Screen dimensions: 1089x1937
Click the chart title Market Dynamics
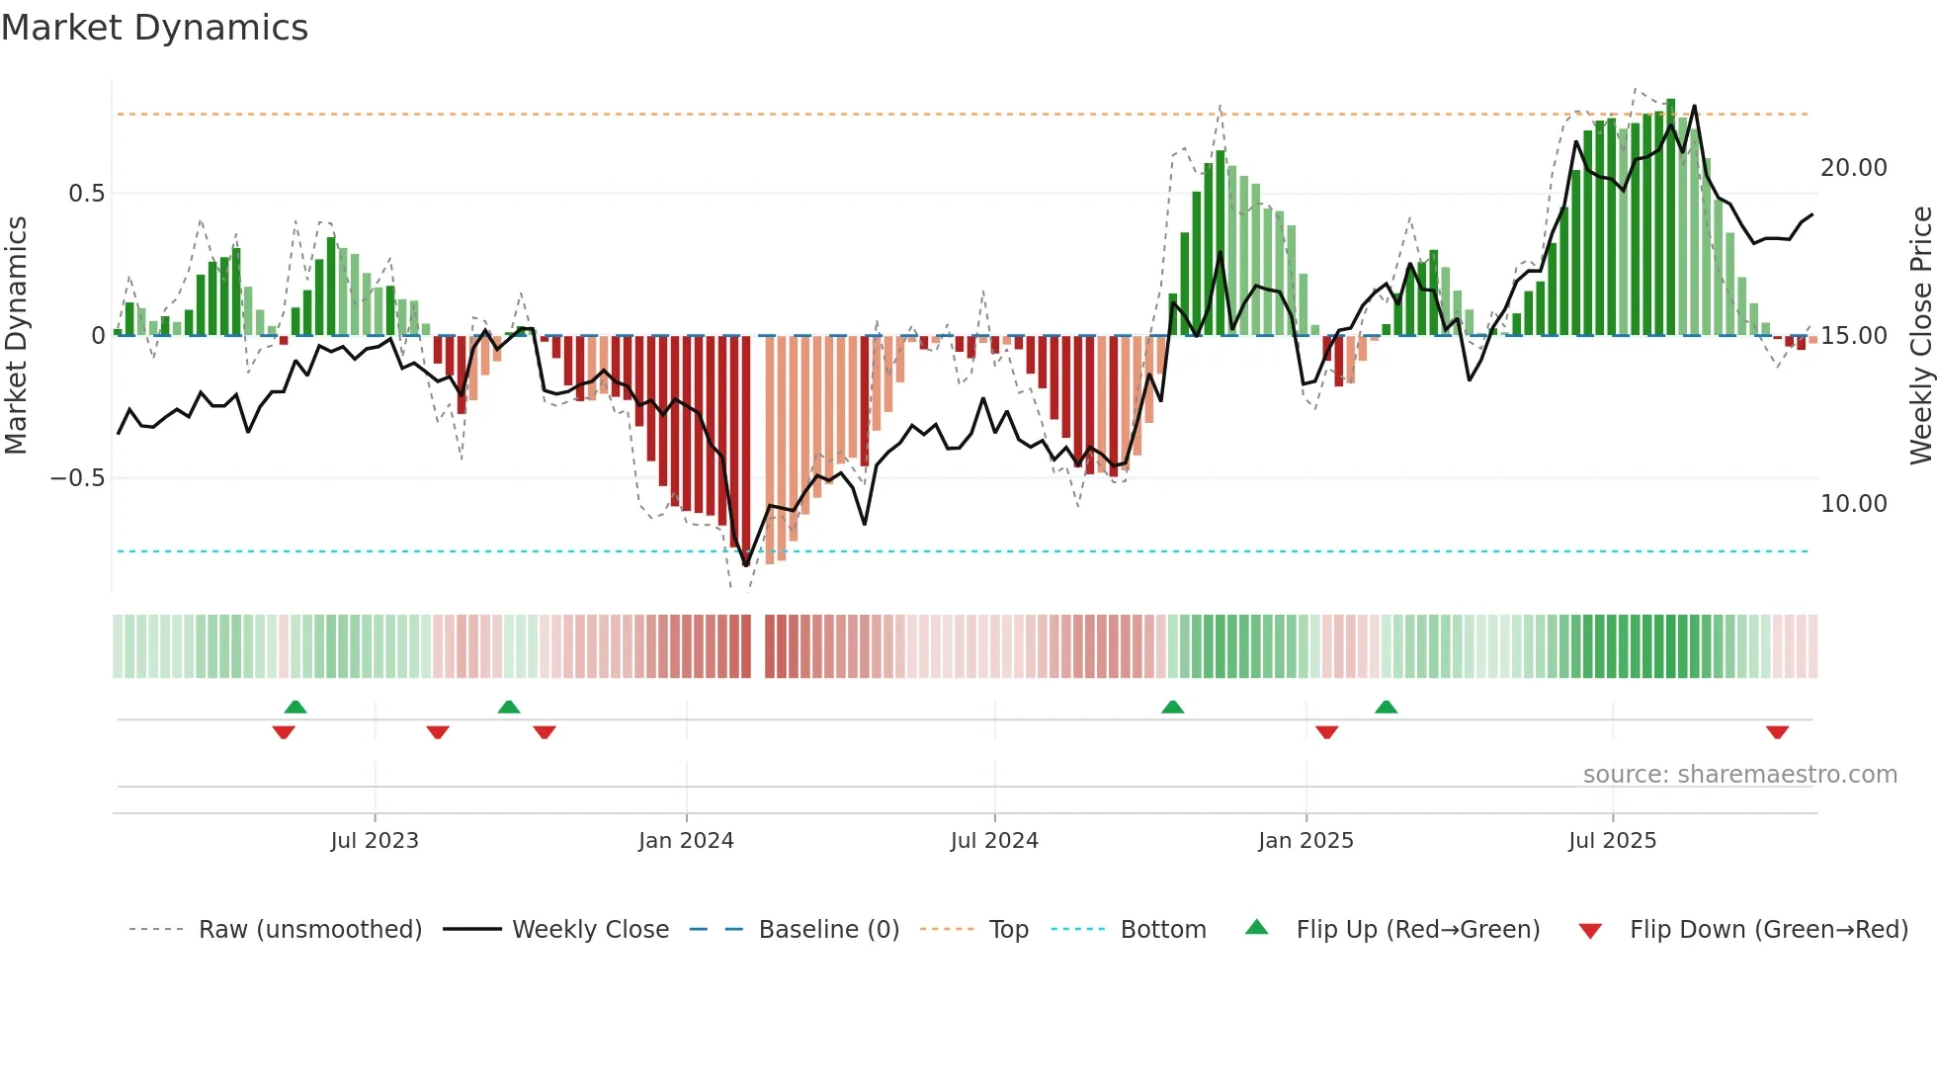pyautogui.click(x=154, y=28)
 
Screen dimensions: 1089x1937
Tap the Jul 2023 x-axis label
pyautogui.click(x=375, y=841)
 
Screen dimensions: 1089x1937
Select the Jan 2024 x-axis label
pyautogui.click(x=686, y=841)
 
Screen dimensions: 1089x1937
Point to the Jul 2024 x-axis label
pyautogui.click(x=994, y=841)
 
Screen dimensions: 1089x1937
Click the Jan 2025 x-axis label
pyautogui.click(x=1305, y=841)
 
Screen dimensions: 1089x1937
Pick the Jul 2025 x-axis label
pyautogui.click(x=1612, y=841)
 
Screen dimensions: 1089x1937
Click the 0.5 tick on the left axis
pyautogui.click(x=86, y=194)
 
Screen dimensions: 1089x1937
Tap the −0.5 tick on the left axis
pyautogui.click(x=77, y=478)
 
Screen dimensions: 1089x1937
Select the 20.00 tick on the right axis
pyautogui.click(x=1853, y=168)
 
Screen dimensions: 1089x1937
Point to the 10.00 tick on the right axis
pyautogui.click(x=1853, y=504)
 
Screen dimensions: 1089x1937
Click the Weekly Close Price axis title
pyautogui.click(x=1920, y=336)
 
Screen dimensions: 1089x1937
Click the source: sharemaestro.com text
pyautogui.click(x=1739, y=775)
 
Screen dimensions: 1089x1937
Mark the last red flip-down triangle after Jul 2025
pyautogui.click(x=1777, y=732)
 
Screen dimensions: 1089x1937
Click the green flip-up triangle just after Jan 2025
pyautogui.click(x=1386, y=707)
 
